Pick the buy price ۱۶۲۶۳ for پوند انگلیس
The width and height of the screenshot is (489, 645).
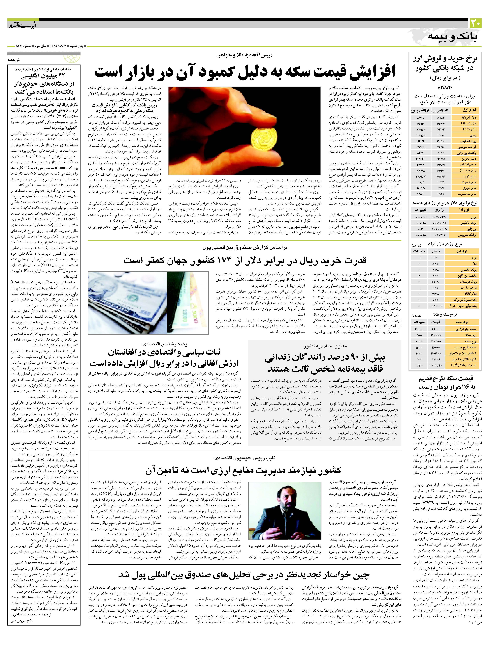click(441, 141)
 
